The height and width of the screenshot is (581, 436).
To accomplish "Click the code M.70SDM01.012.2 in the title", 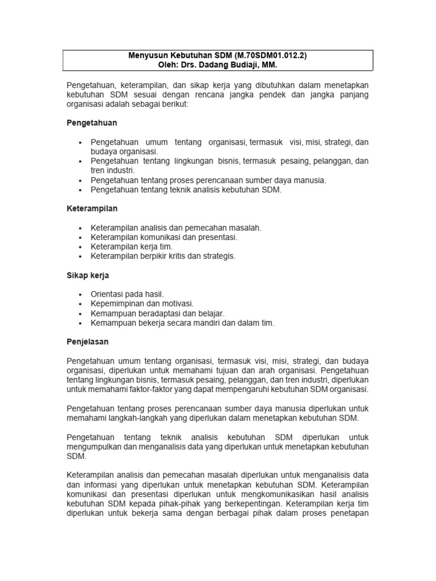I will pos(274,56).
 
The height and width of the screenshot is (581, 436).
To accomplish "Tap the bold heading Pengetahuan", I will pos(92,123).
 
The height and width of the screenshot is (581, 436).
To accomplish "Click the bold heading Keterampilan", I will pos(92,209).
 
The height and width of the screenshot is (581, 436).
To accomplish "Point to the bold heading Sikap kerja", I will pos(87,275).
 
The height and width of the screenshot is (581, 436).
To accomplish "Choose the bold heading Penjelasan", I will pos(87,342).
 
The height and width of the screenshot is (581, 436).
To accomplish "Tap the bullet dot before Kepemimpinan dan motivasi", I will pos(82,304).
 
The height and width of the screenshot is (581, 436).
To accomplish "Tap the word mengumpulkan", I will pos(93,447).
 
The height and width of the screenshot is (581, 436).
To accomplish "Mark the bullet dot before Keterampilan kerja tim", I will pos(82,247).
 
